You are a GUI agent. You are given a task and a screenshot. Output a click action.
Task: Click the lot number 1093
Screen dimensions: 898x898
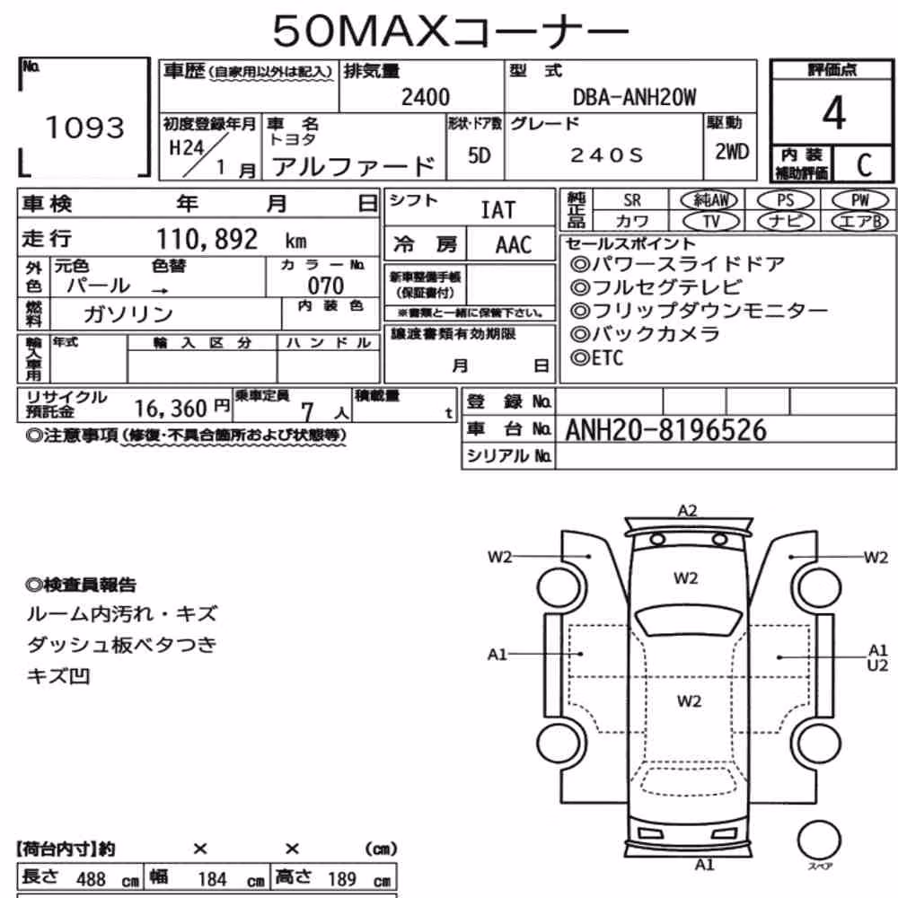[84, 128]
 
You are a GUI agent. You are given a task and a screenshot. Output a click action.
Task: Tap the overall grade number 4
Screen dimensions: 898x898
[834, 113]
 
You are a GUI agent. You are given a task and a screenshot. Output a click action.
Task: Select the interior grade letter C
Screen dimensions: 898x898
[864, 165]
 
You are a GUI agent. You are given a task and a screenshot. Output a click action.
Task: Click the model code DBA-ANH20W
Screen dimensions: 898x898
[634, 97]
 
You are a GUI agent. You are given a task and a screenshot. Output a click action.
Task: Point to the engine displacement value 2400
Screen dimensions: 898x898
[426, 97]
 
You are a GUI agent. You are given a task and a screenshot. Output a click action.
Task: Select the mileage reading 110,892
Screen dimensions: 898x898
[207, 239]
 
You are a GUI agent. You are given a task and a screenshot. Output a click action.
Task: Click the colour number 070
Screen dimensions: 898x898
[326, 286]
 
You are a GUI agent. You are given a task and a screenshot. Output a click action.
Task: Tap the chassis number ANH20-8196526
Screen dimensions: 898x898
[665, 430]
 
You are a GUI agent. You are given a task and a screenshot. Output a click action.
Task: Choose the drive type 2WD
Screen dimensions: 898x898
[732, 152]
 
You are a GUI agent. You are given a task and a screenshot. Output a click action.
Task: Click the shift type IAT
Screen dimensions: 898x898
[498, 210]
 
